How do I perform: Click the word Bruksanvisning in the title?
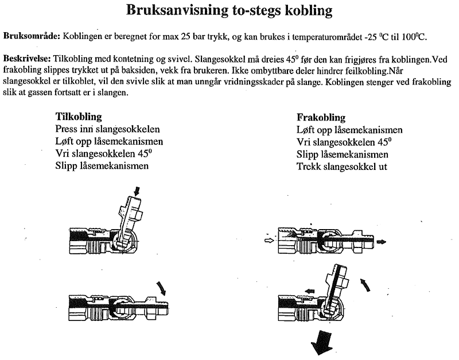[x=177, y=10]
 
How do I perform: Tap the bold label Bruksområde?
[x=32, y=37]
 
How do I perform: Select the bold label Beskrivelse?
[x=27, y=59]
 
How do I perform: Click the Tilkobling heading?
[x=79, y=117]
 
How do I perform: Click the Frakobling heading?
[x=321, y=118]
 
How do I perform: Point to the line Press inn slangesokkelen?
[x=107, y=129]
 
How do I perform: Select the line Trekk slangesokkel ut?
[x=341, y=167]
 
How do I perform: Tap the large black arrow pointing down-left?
[x=322, y=343]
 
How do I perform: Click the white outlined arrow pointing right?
[x=269, y=241]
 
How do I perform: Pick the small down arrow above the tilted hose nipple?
[x=137, y=192]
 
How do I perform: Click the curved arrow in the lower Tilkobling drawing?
[x=161, y=288]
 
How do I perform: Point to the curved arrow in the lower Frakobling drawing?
[x=365, y=285]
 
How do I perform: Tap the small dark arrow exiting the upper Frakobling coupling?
[x=381, y=242]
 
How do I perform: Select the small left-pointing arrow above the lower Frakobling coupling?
[x=309, y=291]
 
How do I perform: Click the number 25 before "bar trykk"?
[x=185, y=37]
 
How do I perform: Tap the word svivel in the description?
[x=178, y=59]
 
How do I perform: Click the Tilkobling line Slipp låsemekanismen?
[x=102, y=166]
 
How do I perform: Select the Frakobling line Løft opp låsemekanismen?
[x=349, y=130]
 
